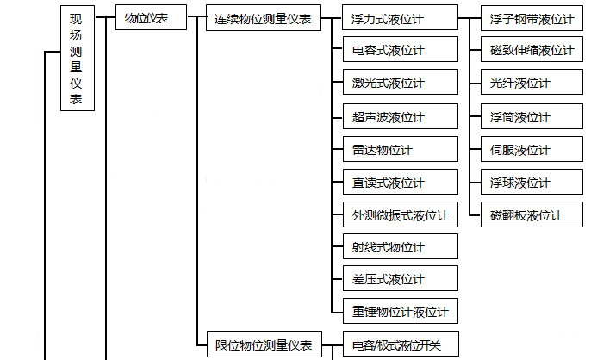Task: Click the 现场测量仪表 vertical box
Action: pyautogui.click(x=77, y=58)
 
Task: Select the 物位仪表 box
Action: pyautogui.click(x=151, y=18)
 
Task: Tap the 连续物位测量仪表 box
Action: pyautogui.click(x=263, y=18)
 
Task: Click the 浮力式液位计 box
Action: pyautogui.click(x=400, y=18)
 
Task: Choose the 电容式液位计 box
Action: pyautogui.click(x=400, y=51)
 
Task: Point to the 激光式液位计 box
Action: pyautogui.click(x=400, y=84)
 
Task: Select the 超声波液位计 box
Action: pyautogui.click(x=400, y=116)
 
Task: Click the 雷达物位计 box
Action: pyautogui.click(x=400, y=149)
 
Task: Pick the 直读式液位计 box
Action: pyautogui.click(x=400, y=182)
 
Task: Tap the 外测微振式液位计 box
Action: pyautogui.click(x=400, y=214)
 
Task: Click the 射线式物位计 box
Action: pyautogui.click(x=400, y=247)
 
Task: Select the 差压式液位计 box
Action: pyautogui.click(x=400, y=279)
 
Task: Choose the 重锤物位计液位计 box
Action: pyautogui.click(x=400, y=311)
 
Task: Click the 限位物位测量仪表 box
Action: pyautogui.click(x=263, y=344)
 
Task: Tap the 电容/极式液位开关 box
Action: pyautogui.click(x=400, y=344)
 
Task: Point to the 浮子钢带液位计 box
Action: pyautogui.click(x=531, y=18)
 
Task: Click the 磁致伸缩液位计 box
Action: pyautogui.click(x=531, y=51)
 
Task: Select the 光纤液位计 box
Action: pyautogui.click(x=531, y=84)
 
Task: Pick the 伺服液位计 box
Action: pyautogui.click(x=531, y=149)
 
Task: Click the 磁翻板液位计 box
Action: pyautogui.click(x=531, y=214)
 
